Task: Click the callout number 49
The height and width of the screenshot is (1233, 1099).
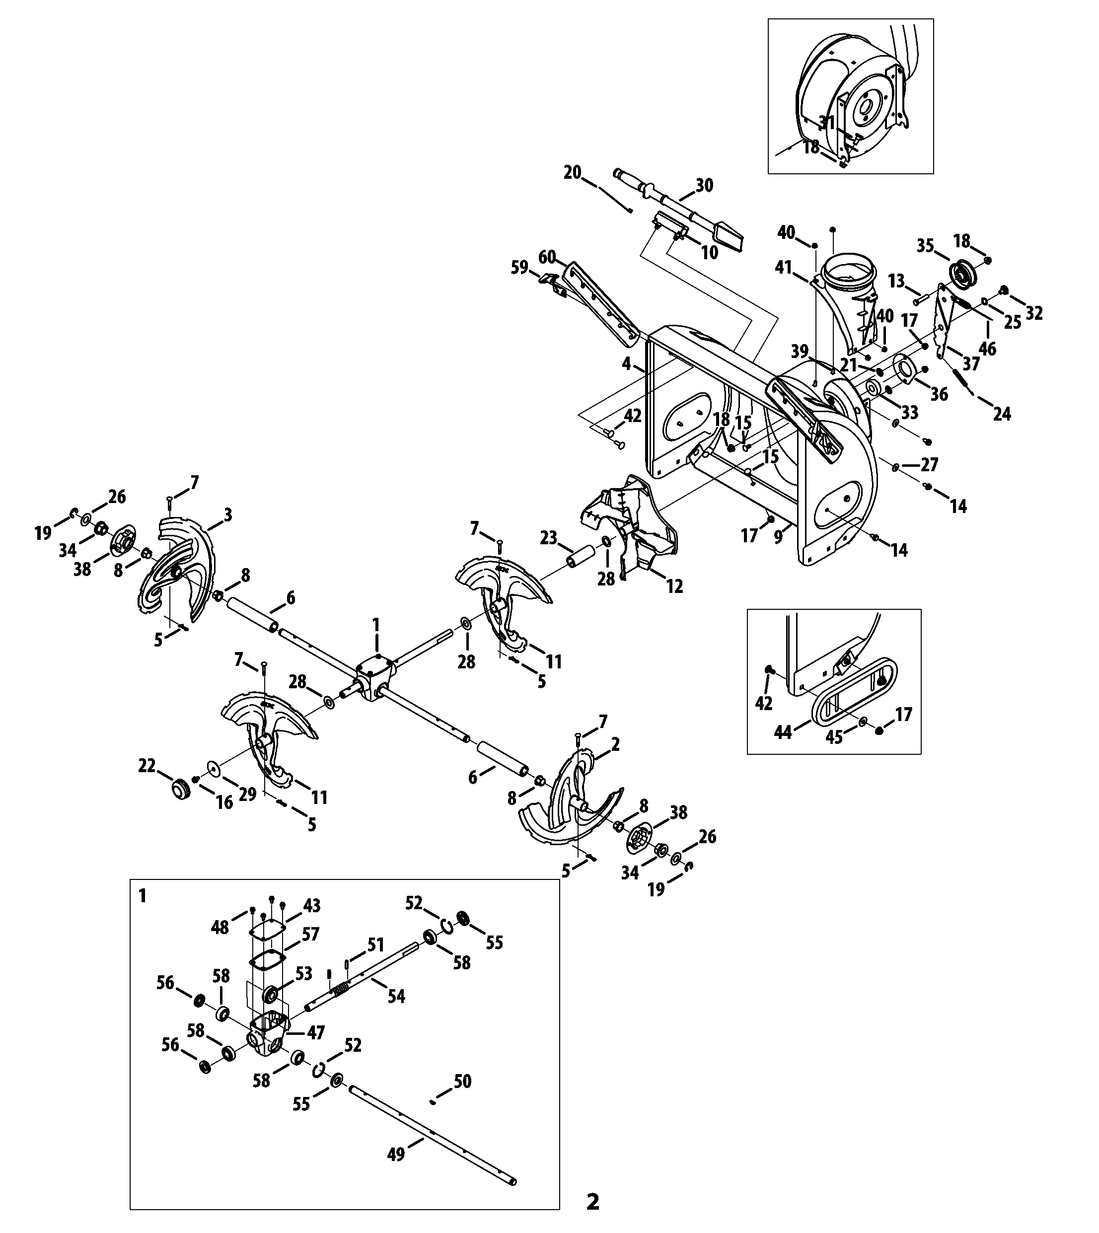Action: click(x=395, y=1154)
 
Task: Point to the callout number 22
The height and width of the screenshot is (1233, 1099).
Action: click(x=147, y=766)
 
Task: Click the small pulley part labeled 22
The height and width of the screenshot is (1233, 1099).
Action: click(x=180, y=789)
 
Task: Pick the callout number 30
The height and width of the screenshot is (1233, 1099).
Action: click(x=704, y=185)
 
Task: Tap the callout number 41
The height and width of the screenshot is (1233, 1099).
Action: click(x=783, y=267)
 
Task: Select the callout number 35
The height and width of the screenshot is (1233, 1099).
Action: click(x=925, y=246)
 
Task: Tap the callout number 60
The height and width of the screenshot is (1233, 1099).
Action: click(x=547, y=257)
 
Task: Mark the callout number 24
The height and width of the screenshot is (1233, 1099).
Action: click(x=1002, y=414)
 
